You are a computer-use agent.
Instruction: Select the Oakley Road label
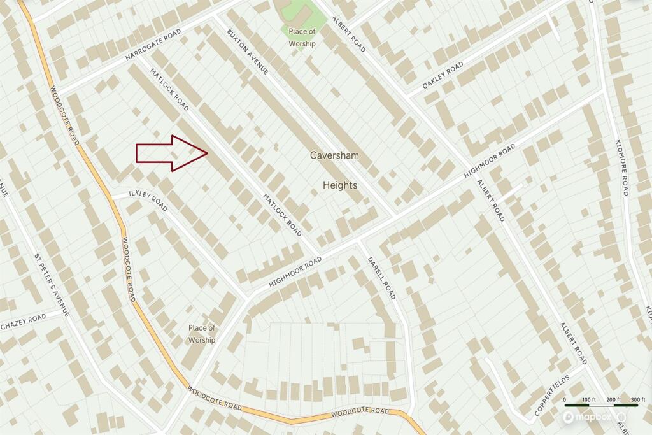click(x=443, y=76)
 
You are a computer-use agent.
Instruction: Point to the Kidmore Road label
click(x=621, y=167)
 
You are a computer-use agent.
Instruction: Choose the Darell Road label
click(x=382, y=277)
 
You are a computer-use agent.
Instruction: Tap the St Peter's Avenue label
click(x=52, y=286)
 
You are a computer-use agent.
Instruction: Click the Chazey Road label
click(x=24, y=322)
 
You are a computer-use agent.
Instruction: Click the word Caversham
click(x=334, y=155)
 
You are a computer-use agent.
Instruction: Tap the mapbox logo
click(x=587, y=417)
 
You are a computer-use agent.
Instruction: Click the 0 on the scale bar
click(x=565, y=400)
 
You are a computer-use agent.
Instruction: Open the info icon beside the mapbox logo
click(x=621, y=417)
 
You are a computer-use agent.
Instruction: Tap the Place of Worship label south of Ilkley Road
click(x=202, y=334)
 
